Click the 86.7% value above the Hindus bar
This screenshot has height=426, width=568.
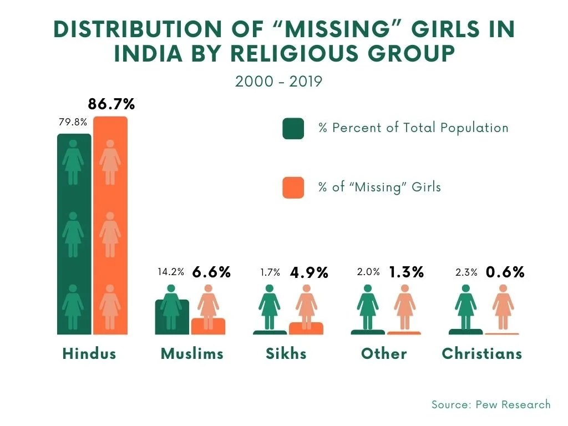tap(111, 104)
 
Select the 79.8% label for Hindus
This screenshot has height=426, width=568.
tap(73, 121)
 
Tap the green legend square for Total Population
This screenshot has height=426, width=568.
tap(293, 128)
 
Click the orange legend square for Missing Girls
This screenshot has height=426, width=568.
tap(293, 187)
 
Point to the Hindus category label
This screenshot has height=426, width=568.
tap(89, 354)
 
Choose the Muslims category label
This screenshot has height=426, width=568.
tap(192, 354)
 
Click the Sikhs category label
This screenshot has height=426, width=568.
tap(286, 354)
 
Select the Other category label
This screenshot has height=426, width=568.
tap(384, 354)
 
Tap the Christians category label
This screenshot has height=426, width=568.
tap(482, 354)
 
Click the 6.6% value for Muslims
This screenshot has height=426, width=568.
tap(211, 272)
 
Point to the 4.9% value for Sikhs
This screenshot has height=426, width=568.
tap(309, 272)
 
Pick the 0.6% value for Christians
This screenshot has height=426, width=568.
tap(505, 272)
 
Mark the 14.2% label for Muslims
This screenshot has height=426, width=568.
tap(171, 272)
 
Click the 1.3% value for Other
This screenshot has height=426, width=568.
tap(406, 272)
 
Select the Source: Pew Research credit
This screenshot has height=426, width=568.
tap(491, 404)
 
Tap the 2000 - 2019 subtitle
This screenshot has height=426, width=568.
tap(278, 82)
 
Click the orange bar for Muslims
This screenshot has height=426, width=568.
tap(208, 327)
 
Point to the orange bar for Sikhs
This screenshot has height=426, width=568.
tap(306, 328)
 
